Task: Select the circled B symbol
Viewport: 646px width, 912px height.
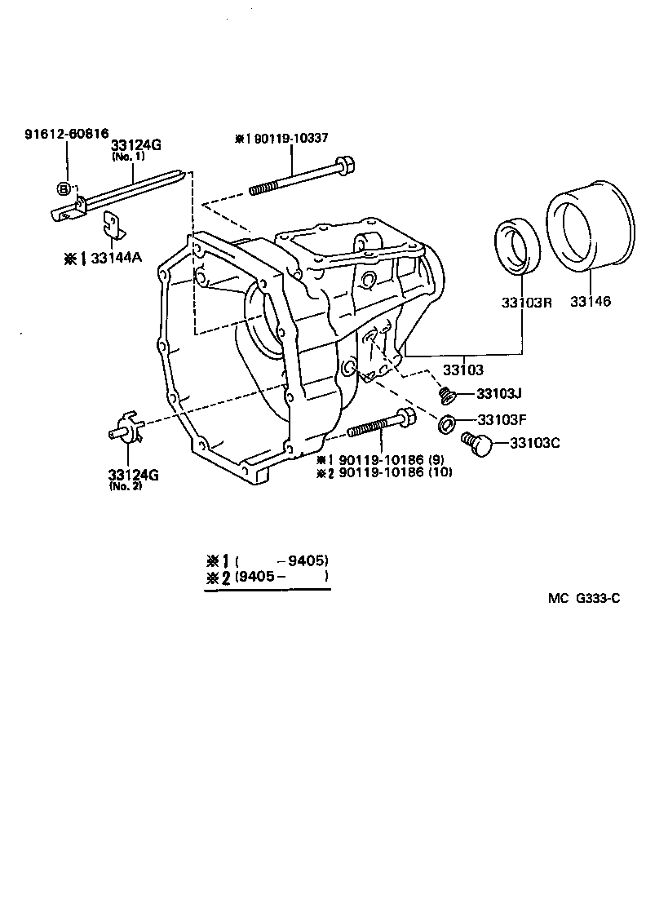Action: (63, 189)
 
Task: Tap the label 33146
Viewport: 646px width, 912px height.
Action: (591, 302)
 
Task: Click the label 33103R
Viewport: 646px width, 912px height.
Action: (526, 302)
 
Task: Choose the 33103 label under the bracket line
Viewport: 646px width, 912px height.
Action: (463, 369)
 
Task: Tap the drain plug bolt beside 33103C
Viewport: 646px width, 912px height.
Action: (476, 444)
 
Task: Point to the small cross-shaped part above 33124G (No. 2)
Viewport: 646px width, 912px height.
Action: (126, 431)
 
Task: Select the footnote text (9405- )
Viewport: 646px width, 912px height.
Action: (281, 577)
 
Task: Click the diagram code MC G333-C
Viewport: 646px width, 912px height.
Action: (584, 598)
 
